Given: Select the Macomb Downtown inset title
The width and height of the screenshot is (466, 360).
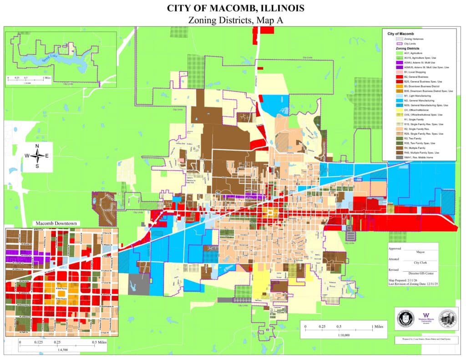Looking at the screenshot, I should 56,223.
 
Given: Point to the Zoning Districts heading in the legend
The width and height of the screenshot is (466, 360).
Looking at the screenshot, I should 407,48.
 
